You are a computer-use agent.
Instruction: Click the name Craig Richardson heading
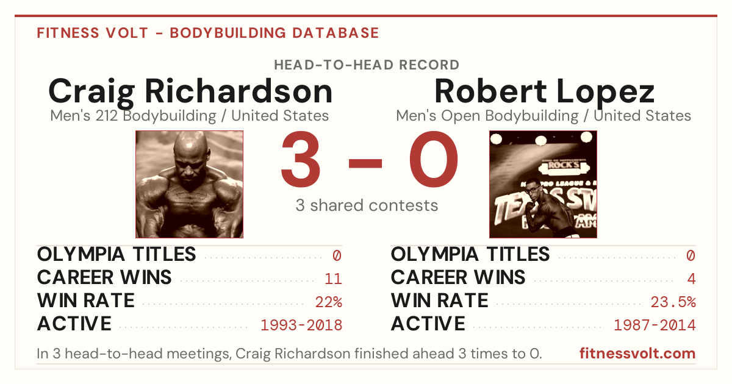[x=190, y=92]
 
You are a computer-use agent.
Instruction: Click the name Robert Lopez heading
[x=544, y=92]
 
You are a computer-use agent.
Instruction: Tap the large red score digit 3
[x=301, y=158]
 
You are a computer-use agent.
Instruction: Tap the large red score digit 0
[x=434, y=158]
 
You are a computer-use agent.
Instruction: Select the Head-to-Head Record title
[x=367, y=65]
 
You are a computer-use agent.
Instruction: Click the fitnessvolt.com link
[x=637, y=354]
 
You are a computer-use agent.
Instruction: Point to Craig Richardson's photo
[x=189, y=184]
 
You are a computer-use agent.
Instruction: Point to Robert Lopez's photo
[x=543, y=184]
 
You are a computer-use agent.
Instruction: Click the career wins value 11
[x=333, y=279]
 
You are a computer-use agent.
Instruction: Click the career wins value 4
[x=691, y=279]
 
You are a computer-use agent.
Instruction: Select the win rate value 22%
[x=329, y=302]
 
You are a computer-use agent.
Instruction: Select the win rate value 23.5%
[x=673, y=302]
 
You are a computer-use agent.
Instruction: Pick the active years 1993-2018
[x=301, y=325]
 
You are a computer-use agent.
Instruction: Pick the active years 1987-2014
[x=655, y=325]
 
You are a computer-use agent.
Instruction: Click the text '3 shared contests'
[x=367, y=205]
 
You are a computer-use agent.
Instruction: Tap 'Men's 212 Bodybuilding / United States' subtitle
[x=190, y=116]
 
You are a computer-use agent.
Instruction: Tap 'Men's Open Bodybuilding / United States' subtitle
[x=544, y=116]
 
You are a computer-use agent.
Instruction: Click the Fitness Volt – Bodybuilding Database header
[x=208, y=33]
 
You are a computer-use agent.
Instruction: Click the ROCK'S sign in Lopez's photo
[x=564, y=165]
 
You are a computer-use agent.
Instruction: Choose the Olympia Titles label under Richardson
[x=117, y=254]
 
